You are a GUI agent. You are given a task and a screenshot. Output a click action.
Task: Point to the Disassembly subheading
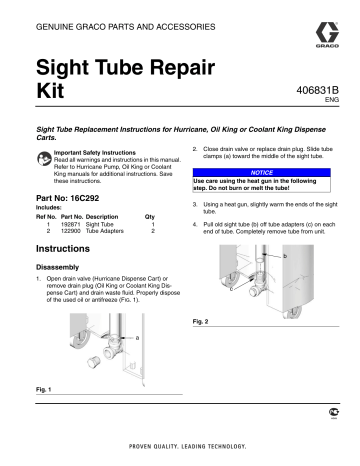(x=61, y=267)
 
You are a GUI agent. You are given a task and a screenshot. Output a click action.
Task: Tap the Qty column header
(x=150, y=216)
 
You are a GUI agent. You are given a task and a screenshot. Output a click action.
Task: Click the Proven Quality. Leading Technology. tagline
(x=180, y=446)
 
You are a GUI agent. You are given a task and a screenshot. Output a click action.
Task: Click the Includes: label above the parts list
(x=48, y=208)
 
